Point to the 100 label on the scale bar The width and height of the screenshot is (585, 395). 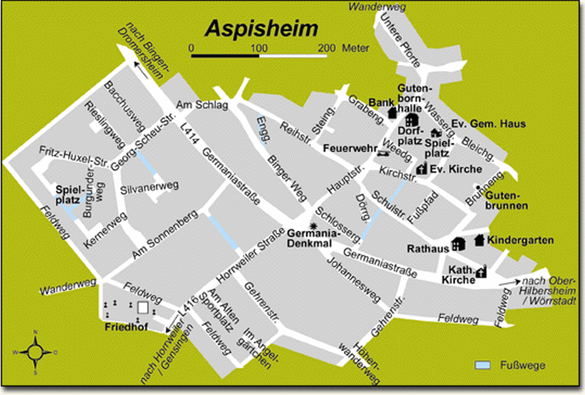tap(259, 47)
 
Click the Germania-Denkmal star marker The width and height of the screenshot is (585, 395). tap(312, 225)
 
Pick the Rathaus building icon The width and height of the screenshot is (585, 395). tap(458, 244)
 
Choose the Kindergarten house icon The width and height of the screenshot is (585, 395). tap(479, 240)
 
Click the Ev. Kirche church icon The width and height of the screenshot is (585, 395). tap(422, 168)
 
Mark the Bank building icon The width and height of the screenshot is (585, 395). tap(392, 112)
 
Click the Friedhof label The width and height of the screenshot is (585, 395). tap(122, 328)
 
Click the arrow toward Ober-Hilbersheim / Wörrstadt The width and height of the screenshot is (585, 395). tap(506, 282)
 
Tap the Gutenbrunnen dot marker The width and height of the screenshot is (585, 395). tap(478, 187)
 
